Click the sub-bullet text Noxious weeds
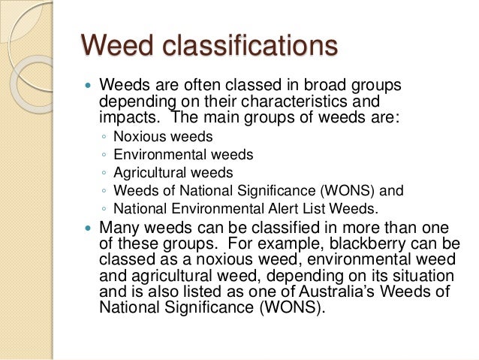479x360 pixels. coord(164,137)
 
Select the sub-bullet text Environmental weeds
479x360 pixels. coord(183,155)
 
